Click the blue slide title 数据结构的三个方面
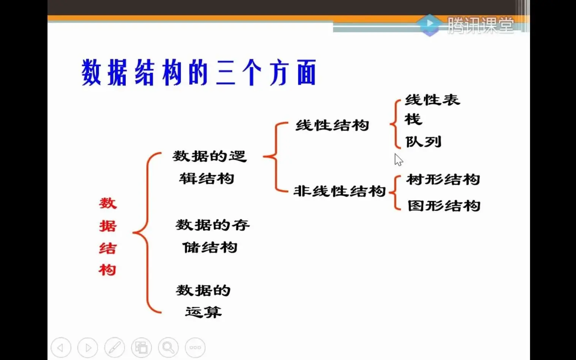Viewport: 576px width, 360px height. tap(199, 72)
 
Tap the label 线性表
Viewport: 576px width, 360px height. tap(432, 100)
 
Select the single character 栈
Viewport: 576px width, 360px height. tap(413, 119)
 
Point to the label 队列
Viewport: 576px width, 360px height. tap(423, 142)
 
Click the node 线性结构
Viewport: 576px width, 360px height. tap(332, 125)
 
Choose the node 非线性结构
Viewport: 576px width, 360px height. tap(339, 191)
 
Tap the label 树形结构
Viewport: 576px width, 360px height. tap(443, 179)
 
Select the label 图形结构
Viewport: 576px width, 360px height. tap(444, 206)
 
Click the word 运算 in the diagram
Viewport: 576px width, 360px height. tap(203, 312)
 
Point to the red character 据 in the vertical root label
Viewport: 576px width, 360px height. tap(108, 226)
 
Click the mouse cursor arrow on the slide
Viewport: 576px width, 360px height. tap(398, 159)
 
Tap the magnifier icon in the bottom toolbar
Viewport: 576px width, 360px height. tap(168, 347)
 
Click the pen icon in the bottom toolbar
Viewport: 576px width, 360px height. tap(115, 347)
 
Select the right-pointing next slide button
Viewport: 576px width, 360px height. tap(88, 347)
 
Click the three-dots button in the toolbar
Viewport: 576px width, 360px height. tap(195, 347)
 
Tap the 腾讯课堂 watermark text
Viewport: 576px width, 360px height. tap(481, 25)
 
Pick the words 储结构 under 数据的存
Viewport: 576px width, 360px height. tap(210, 248)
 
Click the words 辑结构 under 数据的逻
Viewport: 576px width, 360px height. tap(206, 178)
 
